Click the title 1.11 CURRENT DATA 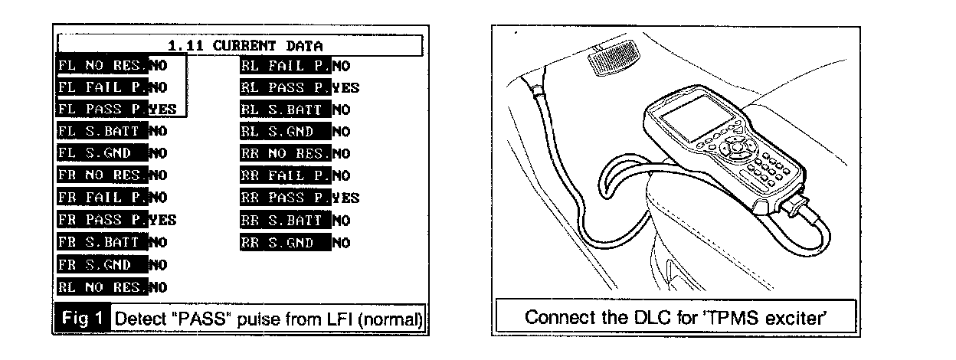(241, 44)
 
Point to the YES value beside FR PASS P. (162, 221)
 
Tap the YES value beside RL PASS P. (346, 87)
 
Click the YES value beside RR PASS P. (346, 198)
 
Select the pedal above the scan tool (609, 60)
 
